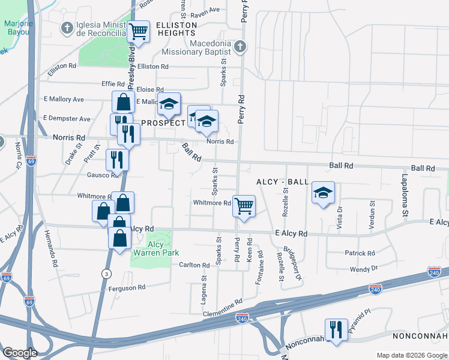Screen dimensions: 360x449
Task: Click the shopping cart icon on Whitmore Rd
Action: click(x=244, y=206)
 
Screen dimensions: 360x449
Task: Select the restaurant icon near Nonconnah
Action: click(x=334, y=329)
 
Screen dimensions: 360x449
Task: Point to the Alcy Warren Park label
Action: click(x=155, y=249)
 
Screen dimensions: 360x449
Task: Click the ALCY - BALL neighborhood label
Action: click(x=282, y=182)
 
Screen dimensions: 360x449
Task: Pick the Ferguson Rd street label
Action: click(x=127, y=288)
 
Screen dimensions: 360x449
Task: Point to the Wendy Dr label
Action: click(x=364, y=268)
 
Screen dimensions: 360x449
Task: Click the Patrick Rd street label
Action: click(x=360, y=253)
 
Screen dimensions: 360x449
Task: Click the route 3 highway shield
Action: click(x=106, y=274)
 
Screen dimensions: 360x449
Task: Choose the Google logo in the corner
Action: click(x=20, y=353)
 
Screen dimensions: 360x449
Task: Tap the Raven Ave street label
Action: click(x=206, y=10)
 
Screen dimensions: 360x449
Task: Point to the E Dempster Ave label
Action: click(x=67, y=119)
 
